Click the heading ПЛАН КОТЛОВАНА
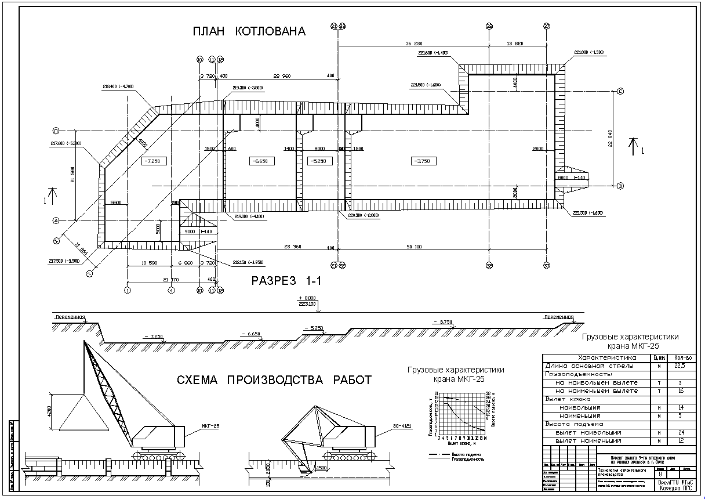pyautogui.click(x=249, y=31)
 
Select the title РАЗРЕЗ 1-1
pyautogui.click(x=286, y=281)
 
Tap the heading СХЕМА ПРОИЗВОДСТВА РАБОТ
pyautogui.click(x=274, y=380)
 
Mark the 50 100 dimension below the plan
pyautogui.click(x=414, y=247)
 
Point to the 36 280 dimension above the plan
pyautogui.click(x=413, y=44)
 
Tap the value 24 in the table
pyautogui.click(x=680, y=432)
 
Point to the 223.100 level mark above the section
pyautogui.click(x=307, y=303)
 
